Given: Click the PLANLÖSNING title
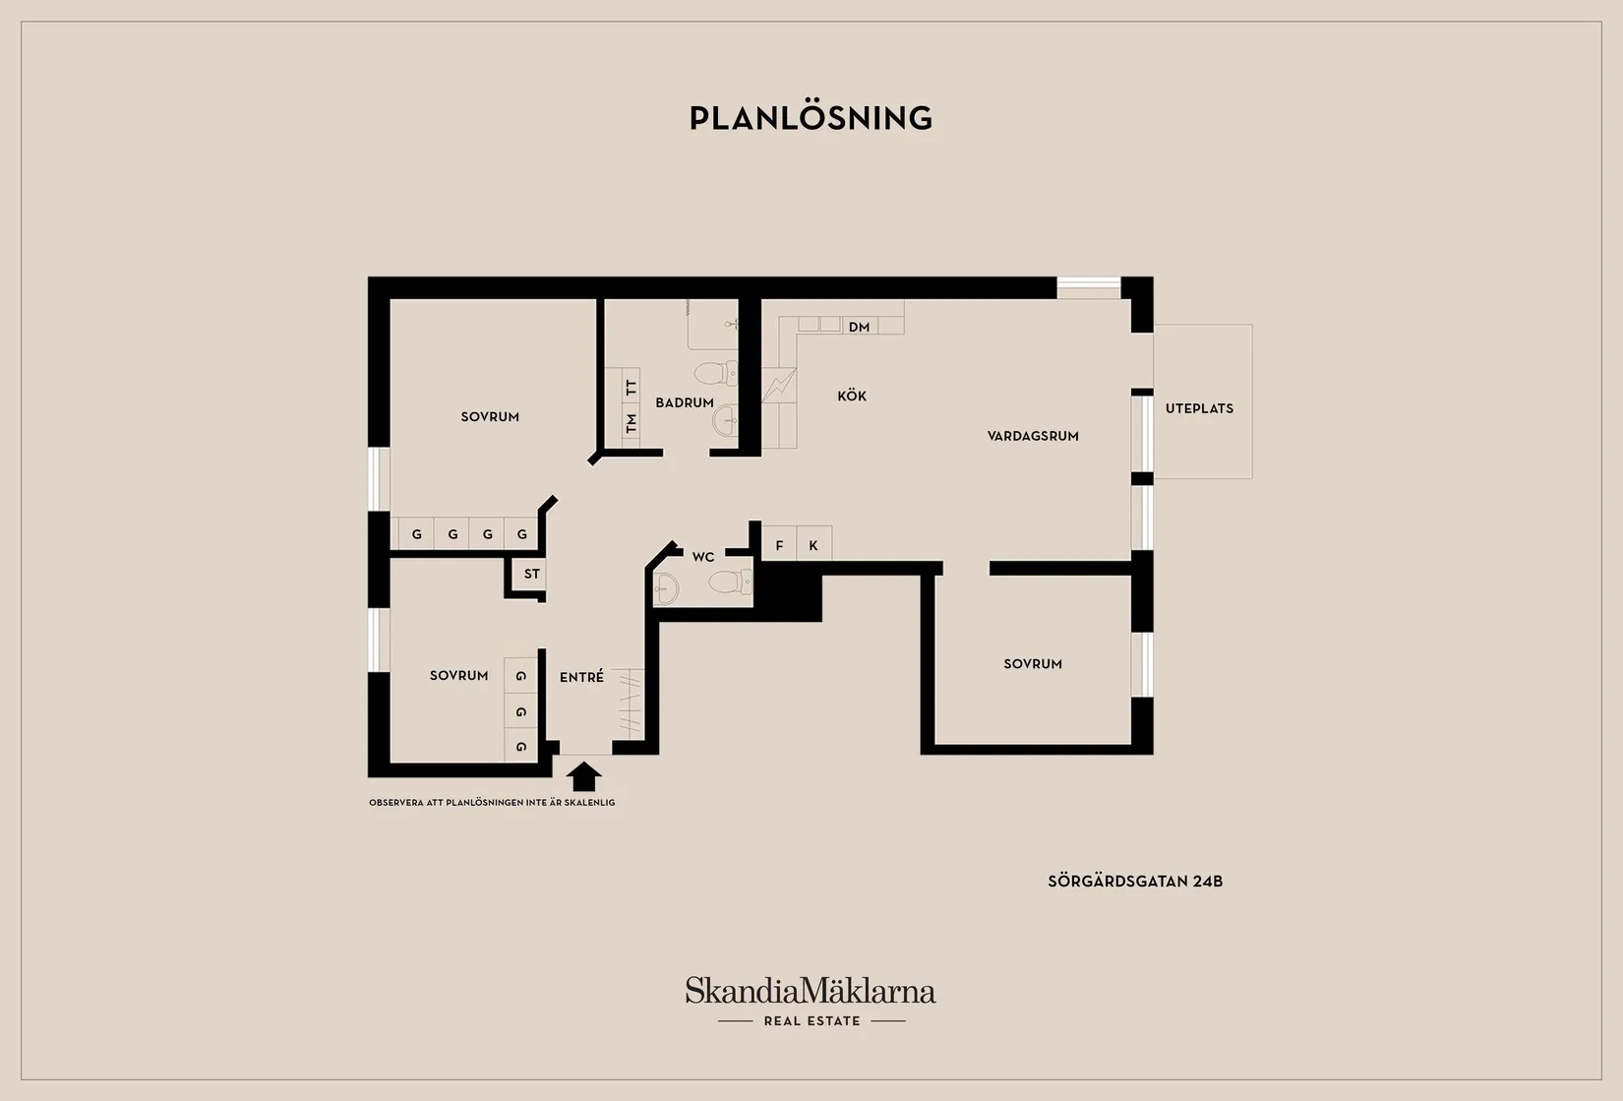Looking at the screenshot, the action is coord(811,118).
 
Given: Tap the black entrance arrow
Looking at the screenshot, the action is coord(584,776).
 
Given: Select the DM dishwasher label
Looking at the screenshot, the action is coord(859,327).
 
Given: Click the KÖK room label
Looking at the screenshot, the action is coord(852,396).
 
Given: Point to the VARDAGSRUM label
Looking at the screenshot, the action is coord(1033,436).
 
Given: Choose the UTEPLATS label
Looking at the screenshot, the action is coord(1199,408).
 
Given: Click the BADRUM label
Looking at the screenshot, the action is coord(685,402).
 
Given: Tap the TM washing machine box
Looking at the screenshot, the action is coord(631,422).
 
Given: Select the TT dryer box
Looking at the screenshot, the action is coord(631,386).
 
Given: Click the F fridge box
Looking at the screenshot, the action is coord(779,544).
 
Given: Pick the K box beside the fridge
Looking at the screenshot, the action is coord(813,544).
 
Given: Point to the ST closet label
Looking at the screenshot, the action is coord(532,574).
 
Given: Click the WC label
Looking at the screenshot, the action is coord(703,557).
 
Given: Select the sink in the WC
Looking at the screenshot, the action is coord(666,587).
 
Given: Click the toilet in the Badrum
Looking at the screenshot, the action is coord(715,373).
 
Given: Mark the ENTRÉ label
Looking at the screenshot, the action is coord(581,676).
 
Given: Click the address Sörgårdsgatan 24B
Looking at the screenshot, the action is coord(1135,882).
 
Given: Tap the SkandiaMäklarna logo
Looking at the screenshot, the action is coord(811,1001).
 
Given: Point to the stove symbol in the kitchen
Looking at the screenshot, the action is coord(779,385).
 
